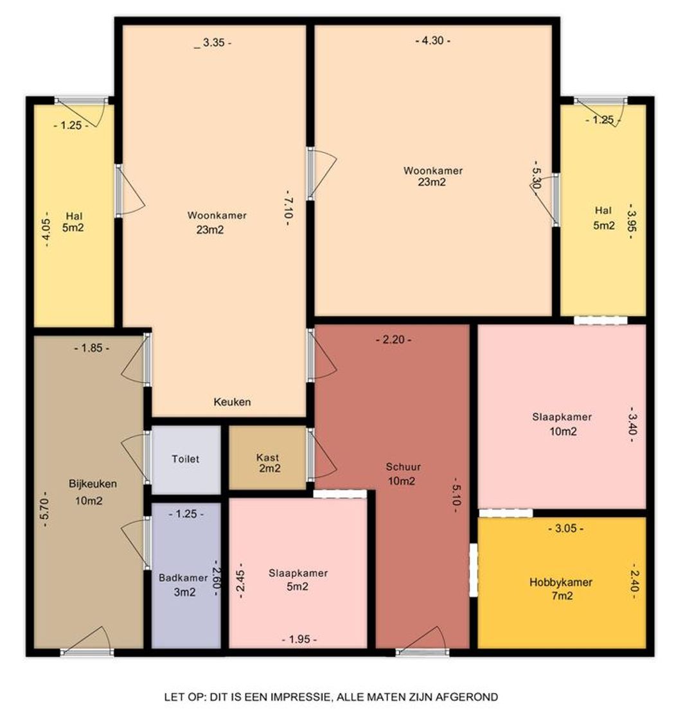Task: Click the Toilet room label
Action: [x=186, y=459]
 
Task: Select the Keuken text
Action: [x=232, y=402]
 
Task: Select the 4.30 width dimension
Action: [x=432, y=40]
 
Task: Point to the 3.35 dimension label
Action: [x=213, y=43]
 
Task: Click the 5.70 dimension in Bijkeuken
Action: [x=45, y=509]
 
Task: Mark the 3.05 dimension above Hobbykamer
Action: [x=565, y=529]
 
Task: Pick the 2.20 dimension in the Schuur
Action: [x=394, y=340]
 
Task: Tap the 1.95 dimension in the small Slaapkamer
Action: [x=299, y=639]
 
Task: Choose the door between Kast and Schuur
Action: [x=319, y=455]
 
